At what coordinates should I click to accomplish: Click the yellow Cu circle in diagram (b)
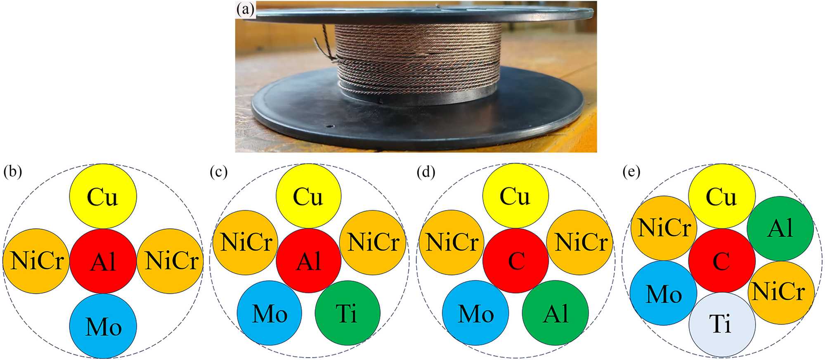click(102, 196)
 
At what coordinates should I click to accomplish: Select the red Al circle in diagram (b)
click(103, 261)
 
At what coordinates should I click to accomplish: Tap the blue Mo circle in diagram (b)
click(103, 326)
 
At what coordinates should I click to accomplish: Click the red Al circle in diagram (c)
click(309, 261)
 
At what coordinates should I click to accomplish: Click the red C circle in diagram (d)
click(515, 261)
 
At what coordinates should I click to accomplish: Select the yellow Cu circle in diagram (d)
click(515, 196)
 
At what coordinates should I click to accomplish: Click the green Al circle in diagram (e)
click(780, 228)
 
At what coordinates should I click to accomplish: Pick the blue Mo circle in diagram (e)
click(663, 293)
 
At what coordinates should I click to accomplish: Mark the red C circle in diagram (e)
click(722, 261)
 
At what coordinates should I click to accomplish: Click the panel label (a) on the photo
click(246, 9)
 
